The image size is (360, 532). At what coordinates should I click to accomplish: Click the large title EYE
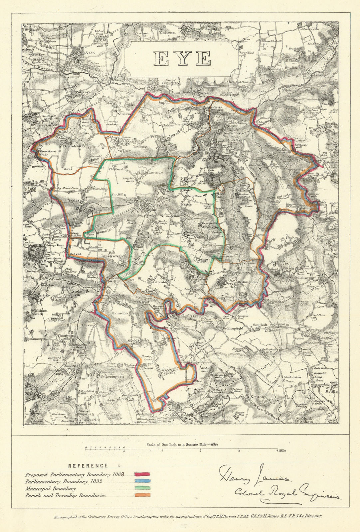(183, 59)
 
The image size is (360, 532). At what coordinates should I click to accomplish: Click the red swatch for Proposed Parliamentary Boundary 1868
(142, 474)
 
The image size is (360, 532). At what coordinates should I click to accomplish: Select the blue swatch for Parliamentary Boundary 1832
(142, 481)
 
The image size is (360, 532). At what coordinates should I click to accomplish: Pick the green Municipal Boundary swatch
(142, 488)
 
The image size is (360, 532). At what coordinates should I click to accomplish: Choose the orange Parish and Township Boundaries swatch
(142, 495)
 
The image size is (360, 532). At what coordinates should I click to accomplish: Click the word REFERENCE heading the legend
(88, 466)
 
